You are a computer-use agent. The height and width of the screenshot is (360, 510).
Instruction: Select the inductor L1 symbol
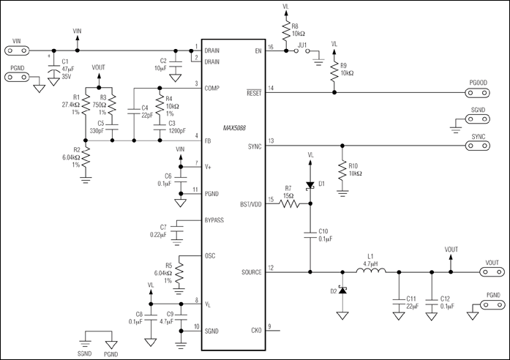(372, 273)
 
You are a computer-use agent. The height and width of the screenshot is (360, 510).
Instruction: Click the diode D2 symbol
(341, 291)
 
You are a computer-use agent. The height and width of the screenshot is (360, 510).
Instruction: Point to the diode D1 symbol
(310, 184)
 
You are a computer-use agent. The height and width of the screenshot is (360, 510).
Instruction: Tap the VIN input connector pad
(18, 50)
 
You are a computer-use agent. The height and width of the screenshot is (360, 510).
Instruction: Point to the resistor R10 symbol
(342, 170)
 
